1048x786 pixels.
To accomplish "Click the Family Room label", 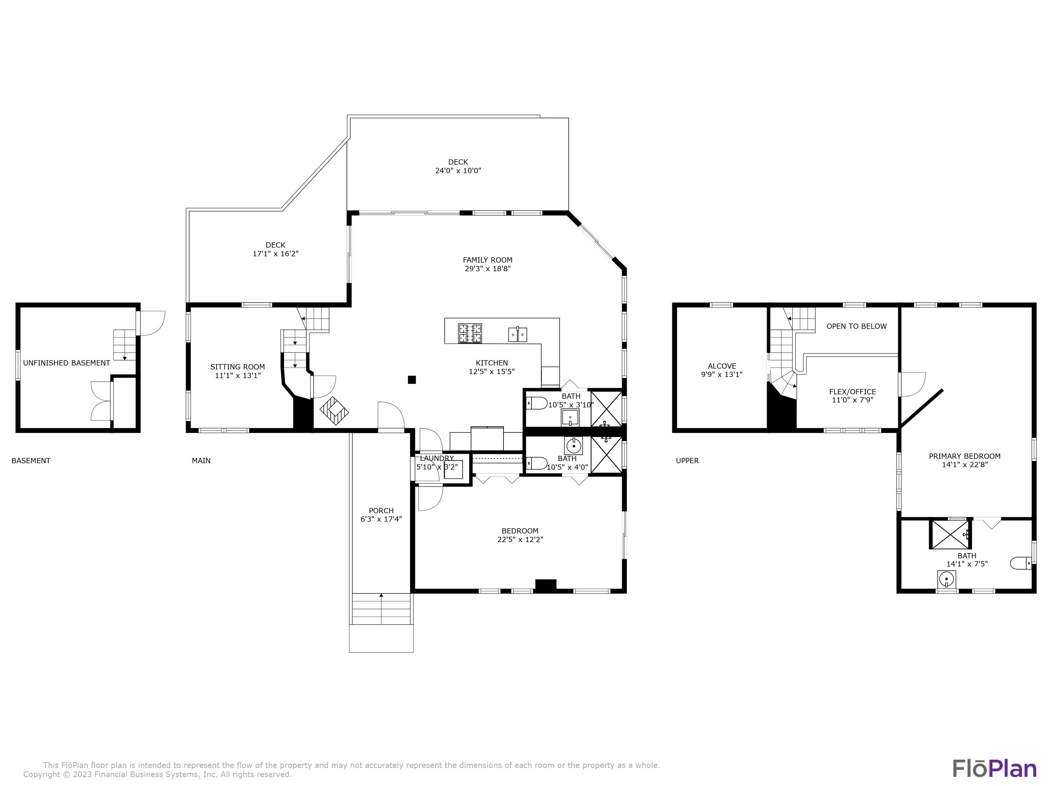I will (488, 260).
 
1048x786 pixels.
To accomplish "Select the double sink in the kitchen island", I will (517, 334).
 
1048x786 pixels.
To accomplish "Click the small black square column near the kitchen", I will (412, 379).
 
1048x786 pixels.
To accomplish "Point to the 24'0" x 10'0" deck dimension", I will (458, 170).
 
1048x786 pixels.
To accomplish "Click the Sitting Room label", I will (237, 367).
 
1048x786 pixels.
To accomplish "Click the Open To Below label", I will (856, 326).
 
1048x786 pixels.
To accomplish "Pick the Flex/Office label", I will (852, 391).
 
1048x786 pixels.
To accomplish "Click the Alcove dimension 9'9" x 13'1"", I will (722, 374).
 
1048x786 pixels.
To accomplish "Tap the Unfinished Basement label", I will (66, 363).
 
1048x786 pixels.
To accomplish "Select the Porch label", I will (381, 510).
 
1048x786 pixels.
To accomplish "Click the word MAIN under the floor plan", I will (201, 460).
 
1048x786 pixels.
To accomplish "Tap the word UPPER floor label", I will (687, 460).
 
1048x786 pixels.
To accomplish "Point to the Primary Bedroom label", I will (964, 456).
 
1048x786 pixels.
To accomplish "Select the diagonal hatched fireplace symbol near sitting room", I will (335, 410).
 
